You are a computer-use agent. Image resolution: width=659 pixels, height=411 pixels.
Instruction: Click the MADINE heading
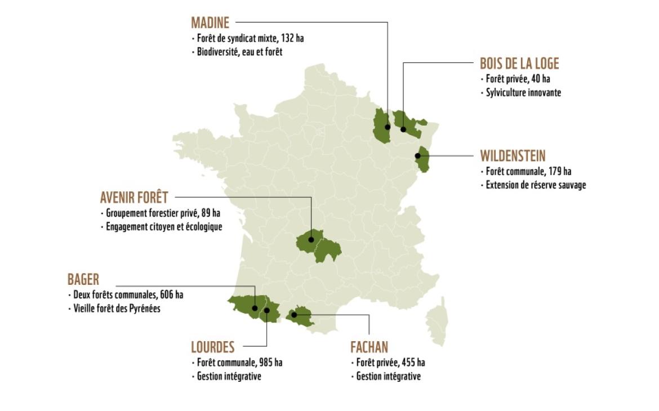click(x=210, y=23)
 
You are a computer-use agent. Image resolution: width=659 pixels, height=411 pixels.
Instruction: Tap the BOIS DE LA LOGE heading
click(x=519, y=64)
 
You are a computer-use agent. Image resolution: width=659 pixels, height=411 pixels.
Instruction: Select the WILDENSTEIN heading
click(x=513, y=156)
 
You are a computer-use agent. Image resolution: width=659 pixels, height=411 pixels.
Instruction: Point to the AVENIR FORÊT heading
click(x=134, y=198)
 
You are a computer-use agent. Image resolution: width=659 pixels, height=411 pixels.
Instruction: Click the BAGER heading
click(x=83, y=279)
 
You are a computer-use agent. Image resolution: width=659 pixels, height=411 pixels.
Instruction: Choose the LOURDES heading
click(x=213, y=347)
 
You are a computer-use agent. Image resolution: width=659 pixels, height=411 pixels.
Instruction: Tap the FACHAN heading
click(x=369, y=347)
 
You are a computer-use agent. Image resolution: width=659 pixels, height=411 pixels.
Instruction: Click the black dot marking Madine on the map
click(x=388, y=127)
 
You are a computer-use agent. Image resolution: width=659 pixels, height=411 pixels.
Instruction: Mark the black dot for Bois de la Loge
click(x=403, y=129)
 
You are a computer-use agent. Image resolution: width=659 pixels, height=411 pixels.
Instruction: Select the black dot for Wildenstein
click(x=418, y=156)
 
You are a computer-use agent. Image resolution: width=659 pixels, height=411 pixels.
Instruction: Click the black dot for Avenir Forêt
click(x=311, y=239)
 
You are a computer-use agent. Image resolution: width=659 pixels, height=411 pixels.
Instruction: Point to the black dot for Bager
click(x=255, y=308)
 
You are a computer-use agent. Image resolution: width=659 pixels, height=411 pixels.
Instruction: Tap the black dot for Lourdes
click(x=267, y=310)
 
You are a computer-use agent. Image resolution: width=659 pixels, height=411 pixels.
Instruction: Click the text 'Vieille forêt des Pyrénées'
click(x=117, y=309)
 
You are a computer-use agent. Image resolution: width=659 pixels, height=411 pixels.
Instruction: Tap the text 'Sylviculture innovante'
click(x=523, y=93)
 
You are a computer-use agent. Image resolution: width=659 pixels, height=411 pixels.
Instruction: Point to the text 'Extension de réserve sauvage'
click(x=536, y=185)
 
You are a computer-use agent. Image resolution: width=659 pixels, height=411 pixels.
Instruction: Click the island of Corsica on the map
click(x=437, y=322)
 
